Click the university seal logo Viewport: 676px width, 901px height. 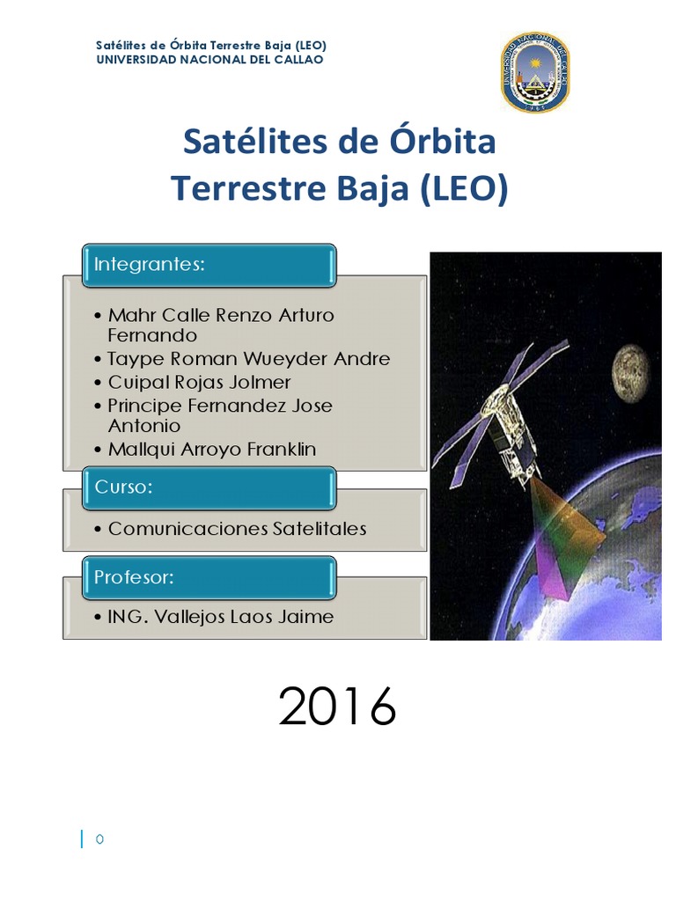tap(535, 73)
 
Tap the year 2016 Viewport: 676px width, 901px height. tap(337, 707)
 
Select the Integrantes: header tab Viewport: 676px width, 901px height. tap(209, 265)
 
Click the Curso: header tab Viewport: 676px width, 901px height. tap(209, 488)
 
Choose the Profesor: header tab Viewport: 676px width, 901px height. tap(209, 577)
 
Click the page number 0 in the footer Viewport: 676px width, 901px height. tap(100, 839)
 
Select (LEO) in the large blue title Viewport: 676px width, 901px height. tap(465, 188)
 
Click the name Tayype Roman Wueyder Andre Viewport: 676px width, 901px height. tap(248, 359)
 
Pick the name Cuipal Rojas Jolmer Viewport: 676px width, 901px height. tap(199, 382)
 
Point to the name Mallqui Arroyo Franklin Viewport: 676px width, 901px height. tap(211, 450)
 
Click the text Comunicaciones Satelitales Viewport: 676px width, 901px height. tap(237, 529)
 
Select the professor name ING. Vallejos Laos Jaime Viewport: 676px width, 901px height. tap(220, 617)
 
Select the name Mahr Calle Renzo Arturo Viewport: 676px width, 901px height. tap(221, 315)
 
